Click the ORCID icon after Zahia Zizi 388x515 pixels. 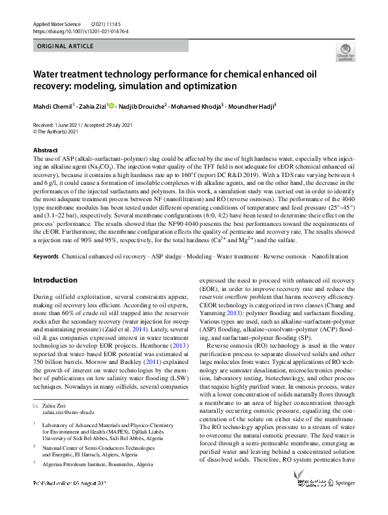[x=112, y=105]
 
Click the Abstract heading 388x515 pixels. [x=46, y=150]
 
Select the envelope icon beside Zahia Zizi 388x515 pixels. [x=36, y=406]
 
